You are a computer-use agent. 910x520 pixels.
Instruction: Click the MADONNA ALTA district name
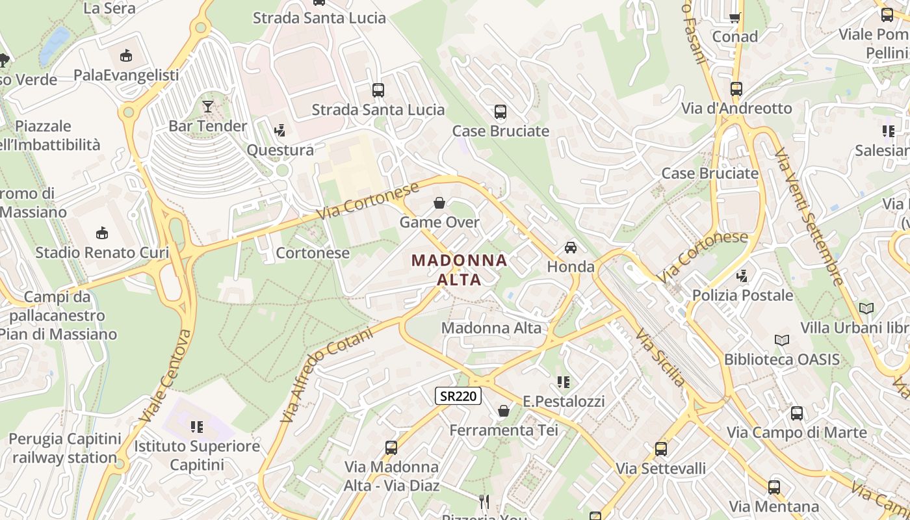[460, 270]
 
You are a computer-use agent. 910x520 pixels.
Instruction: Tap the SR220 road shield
[458, 395]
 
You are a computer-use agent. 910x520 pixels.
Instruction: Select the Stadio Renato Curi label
[102, 252]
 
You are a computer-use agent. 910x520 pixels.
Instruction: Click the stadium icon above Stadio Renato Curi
[102, 233]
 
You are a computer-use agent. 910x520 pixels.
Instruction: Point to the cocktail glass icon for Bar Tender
[208, 107]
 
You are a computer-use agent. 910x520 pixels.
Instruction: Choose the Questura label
[280, 150]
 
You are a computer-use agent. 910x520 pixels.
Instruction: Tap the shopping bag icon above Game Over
[439, 203]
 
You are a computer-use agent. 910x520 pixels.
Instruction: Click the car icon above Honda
[571, 248]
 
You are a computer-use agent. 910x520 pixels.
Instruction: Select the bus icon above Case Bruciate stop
[500, 112]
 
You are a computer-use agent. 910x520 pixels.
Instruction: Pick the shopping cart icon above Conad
[735, 18]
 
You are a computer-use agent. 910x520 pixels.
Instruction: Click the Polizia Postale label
[742, 295]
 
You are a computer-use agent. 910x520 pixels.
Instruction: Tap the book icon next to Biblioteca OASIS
[782, 340]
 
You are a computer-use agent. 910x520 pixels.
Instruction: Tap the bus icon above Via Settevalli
[661, 448]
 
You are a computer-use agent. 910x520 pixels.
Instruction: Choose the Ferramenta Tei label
[504, 430]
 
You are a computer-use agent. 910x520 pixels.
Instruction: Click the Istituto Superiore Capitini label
[197, 456]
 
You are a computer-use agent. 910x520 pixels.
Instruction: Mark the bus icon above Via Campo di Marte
[797, 413]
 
